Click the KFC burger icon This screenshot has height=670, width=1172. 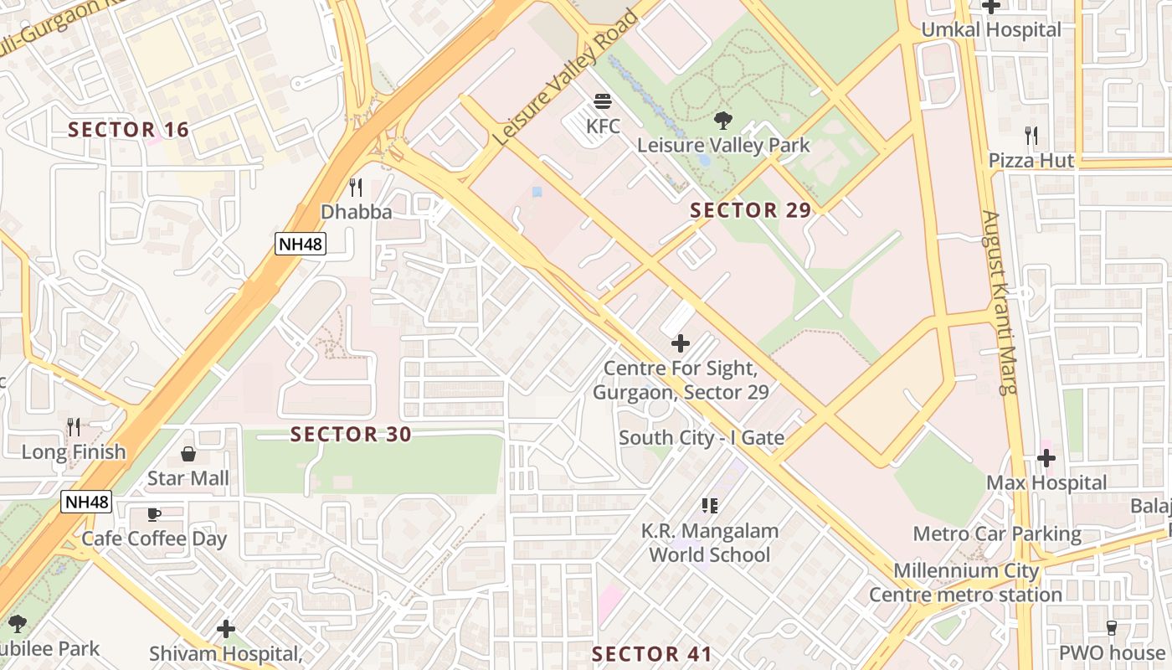[603, 102]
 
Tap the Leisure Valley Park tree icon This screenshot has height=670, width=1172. [723, 121]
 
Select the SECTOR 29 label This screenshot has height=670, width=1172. [751, 210]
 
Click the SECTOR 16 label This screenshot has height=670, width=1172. [128, 130]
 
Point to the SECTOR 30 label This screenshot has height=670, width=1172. [351, 434]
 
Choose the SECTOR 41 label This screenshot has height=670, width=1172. [652, 654]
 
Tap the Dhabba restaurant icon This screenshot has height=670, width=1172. [356, 188]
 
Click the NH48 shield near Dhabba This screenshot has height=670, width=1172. [300, 244]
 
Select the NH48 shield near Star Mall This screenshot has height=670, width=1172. [86, 502]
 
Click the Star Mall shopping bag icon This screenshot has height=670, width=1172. [188, 454]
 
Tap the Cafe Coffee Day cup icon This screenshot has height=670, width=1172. [154, 514]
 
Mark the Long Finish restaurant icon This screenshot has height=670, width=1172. [74, 427]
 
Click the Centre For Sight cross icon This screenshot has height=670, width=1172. [681, 343]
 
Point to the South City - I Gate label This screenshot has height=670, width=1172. [701, 438]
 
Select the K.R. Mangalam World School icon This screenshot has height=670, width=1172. [710, 505]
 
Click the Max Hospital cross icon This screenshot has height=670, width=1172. [1046, 458]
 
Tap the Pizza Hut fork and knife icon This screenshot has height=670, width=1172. [1031, 136]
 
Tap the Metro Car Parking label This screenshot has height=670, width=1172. [996, 533]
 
